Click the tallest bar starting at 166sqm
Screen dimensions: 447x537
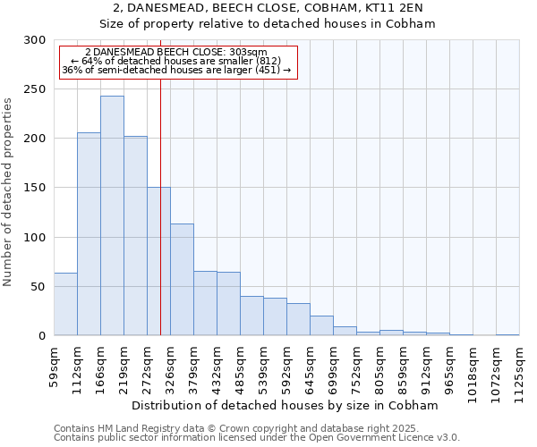[x=112, y=215]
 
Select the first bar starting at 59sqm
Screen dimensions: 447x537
[x=65, y=304]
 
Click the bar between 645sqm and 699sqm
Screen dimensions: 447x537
[x=321, y=326]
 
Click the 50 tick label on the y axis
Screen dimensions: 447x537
[x=38, y=287]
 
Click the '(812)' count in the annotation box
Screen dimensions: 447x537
[x=265, y=61]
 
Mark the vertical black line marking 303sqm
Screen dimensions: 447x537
[x=160, y=223]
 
